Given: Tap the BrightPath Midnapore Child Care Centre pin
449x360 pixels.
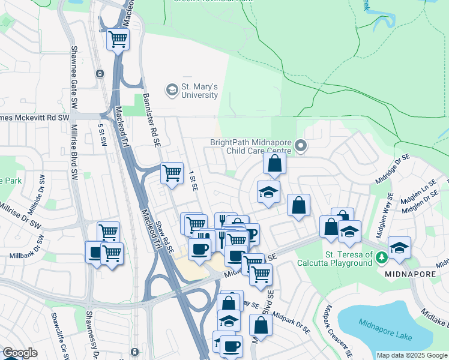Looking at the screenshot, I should pyautogui.click(x=302, y=146).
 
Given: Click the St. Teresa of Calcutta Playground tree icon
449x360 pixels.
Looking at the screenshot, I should pyautogui.click(x=381, y=258).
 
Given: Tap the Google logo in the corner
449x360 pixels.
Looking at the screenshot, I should pyautogui.click(x=20, y=353).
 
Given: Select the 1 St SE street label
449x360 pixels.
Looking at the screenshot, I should pyautogui.click(x=193, y=180).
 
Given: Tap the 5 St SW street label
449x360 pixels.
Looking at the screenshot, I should pyautogui.click(x=103, y=134).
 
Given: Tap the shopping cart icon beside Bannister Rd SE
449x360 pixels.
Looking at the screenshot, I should pyautogui.click(x=172, y=173).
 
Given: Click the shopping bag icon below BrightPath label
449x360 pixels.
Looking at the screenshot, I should pyautogui.click(x=274, y=163).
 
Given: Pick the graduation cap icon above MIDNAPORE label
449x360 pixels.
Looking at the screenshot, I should pyautogui.click(x=399, y=247).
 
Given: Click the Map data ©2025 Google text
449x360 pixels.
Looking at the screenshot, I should pyautogui.click(x=412, y=355).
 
